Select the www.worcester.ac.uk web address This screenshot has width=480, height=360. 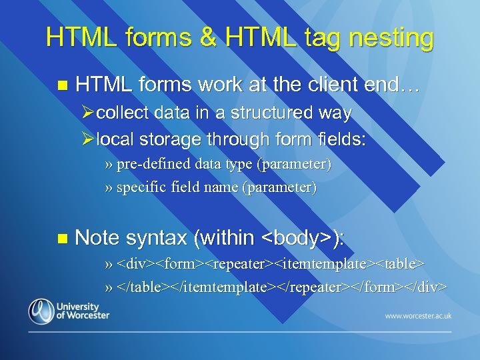click(x=418, y=315)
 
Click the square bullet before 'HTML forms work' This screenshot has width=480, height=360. click(x=63, y=86)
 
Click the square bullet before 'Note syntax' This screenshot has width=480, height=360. click(x=63, y=238)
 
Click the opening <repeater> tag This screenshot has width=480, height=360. click(x=237, y=263)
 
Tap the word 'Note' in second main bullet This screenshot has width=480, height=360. click(x=98, y=238)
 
